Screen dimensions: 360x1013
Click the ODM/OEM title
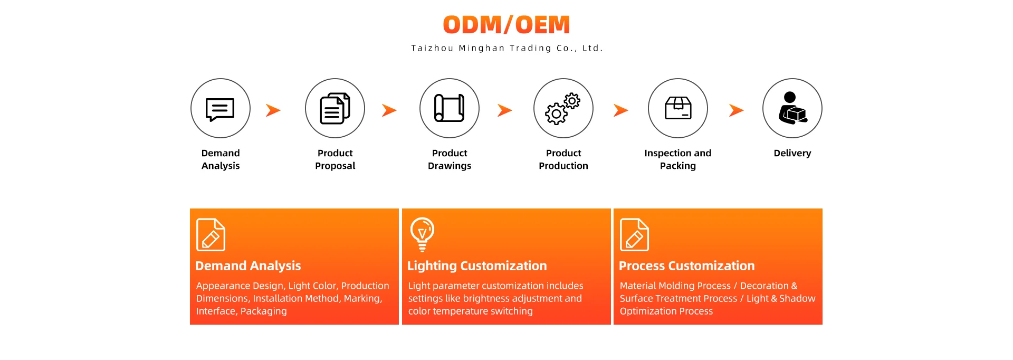pyautogui.click(x=506, y=25)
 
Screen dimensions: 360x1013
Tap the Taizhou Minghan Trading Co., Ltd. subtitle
pyautogui.click(x=506, y=48)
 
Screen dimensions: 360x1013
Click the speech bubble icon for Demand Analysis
pyautogui.click(x=220, y=109)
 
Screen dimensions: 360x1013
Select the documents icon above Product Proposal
pyautogui.click(x=335, y=109)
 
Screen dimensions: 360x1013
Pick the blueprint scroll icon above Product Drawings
pyautogui.click(x=450, y=108)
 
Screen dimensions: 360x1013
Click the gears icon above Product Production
pyautogui.click(x=563, y=109)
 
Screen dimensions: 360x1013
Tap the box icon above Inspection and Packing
pyautogui.click(x=678, y=108)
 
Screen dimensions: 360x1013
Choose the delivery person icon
pyautogui.click(x=792, y=108)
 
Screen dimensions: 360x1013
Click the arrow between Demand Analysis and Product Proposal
pyautogui.click(x=273, y=110)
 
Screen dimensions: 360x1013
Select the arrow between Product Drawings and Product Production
pyautogui.click(x=505, y=110)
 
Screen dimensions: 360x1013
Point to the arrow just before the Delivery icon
pyautogui.click(x=736, y=110)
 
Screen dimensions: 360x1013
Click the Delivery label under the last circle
pyautogui.click(x=792, y=153)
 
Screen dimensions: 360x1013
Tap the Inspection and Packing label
pyautogui.click(x=678, y=159)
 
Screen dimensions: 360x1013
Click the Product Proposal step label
pyautogui.click(x=335, y=159)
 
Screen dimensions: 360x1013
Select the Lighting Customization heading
pyautogui.click(x=477, y=266)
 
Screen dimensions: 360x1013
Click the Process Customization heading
pyautogui.click(x=686, y=266)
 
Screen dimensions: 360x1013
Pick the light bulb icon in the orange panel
pyautogui.click(x=422, y=234)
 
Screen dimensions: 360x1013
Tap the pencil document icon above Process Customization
pyautogui.click(x=634, y=235)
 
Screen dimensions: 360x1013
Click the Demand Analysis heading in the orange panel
pyautogui.click(x=248, y=266)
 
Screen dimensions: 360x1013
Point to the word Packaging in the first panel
pyautogui.click(x=264, y=311)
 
